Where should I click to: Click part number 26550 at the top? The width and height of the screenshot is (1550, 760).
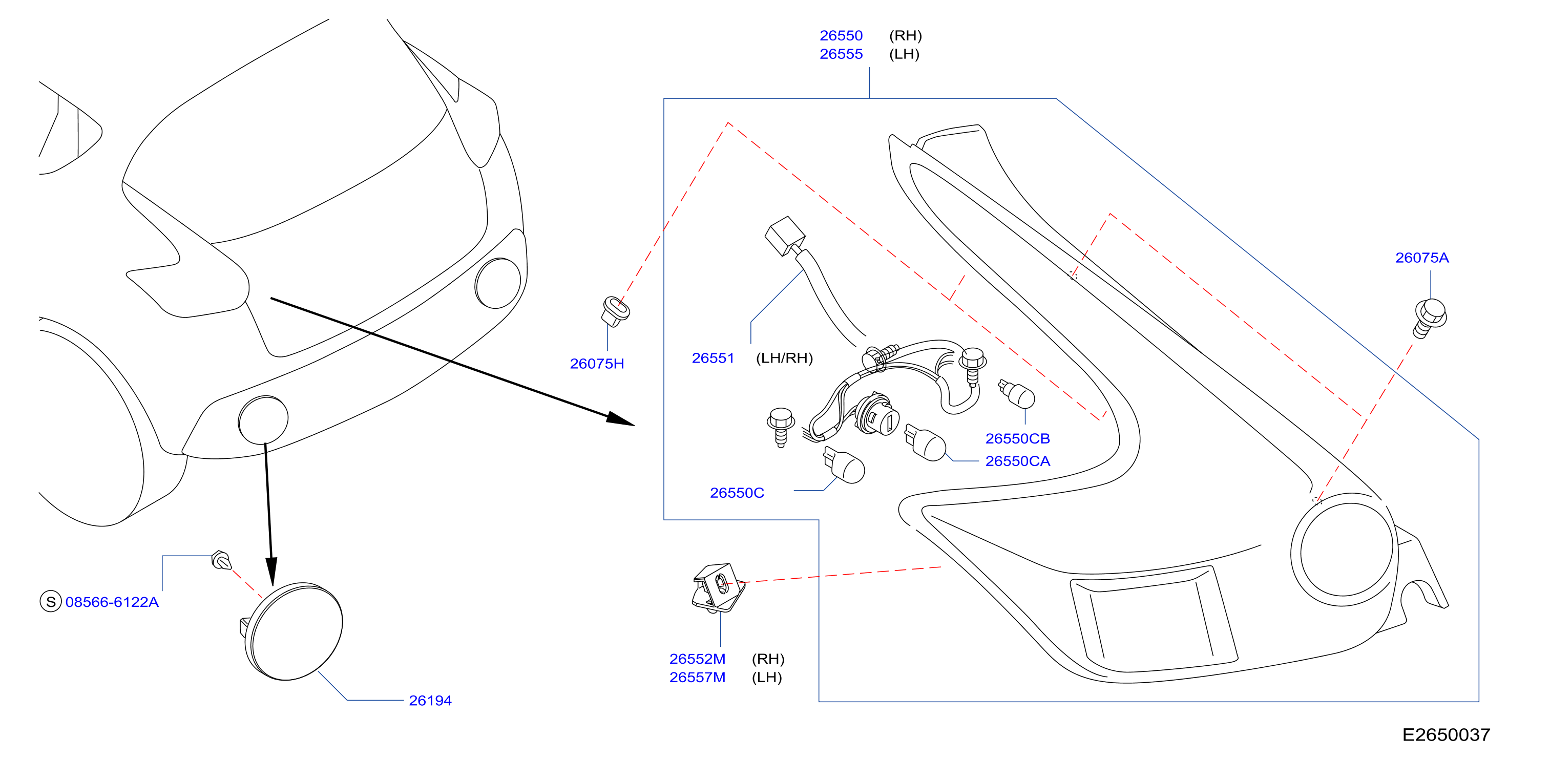841,35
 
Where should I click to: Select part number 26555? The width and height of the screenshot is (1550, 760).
841,54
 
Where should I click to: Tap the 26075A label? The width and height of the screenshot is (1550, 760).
1422,258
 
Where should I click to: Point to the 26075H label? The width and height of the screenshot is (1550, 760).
597,364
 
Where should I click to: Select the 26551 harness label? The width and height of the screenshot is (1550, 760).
713,358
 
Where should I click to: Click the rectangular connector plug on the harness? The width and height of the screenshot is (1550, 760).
785,236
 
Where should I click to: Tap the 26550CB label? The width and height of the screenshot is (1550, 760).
1017,439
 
